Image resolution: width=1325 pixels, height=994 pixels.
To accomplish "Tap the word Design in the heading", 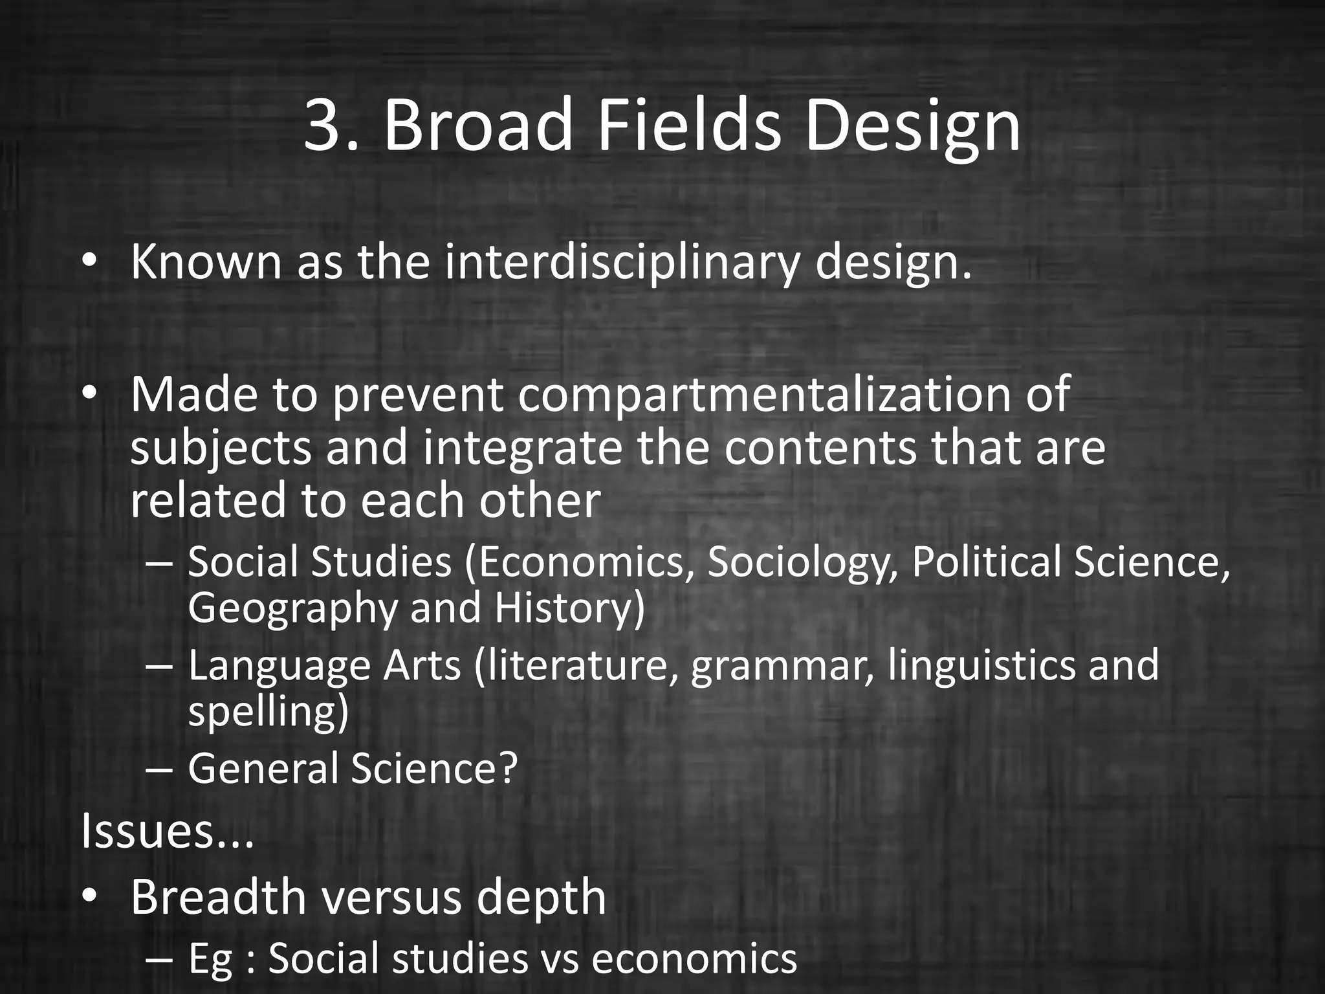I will point(912,126).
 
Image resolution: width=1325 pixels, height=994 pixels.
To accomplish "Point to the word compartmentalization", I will point(764,395).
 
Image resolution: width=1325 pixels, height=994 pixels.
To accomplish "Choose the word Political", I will point(987,562).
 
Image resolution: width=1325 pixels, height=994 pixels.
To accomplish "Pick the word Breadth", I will point(218,897).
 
